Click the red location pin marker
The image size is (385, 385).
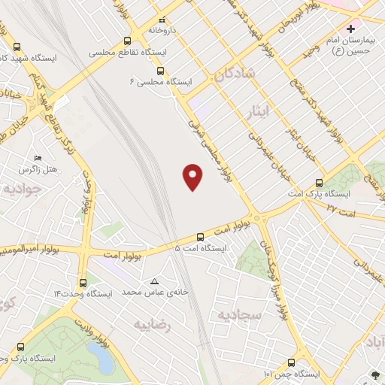click(193, 177)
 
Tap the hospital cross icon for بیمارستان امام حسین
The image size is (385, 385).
click(350, 29)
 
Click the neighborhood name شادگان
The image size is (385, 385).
click(235, 73)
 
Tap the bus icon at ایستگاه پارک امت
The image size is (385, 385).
click(319, 183)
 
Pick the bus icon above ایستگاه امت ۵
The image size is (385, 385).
click(200, 235)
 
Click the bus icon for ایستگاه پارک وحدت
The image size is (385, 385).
click(20, 347)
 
